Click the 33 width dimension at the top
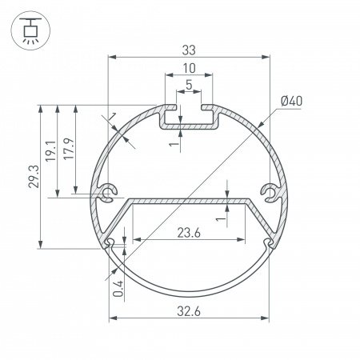(x=190, y=49)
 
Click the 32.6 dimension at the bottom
(x=190, y=310)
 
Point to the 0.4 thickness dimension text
(x=118, y=287)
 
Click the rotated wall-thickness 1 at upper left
(x=114, y=119)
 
